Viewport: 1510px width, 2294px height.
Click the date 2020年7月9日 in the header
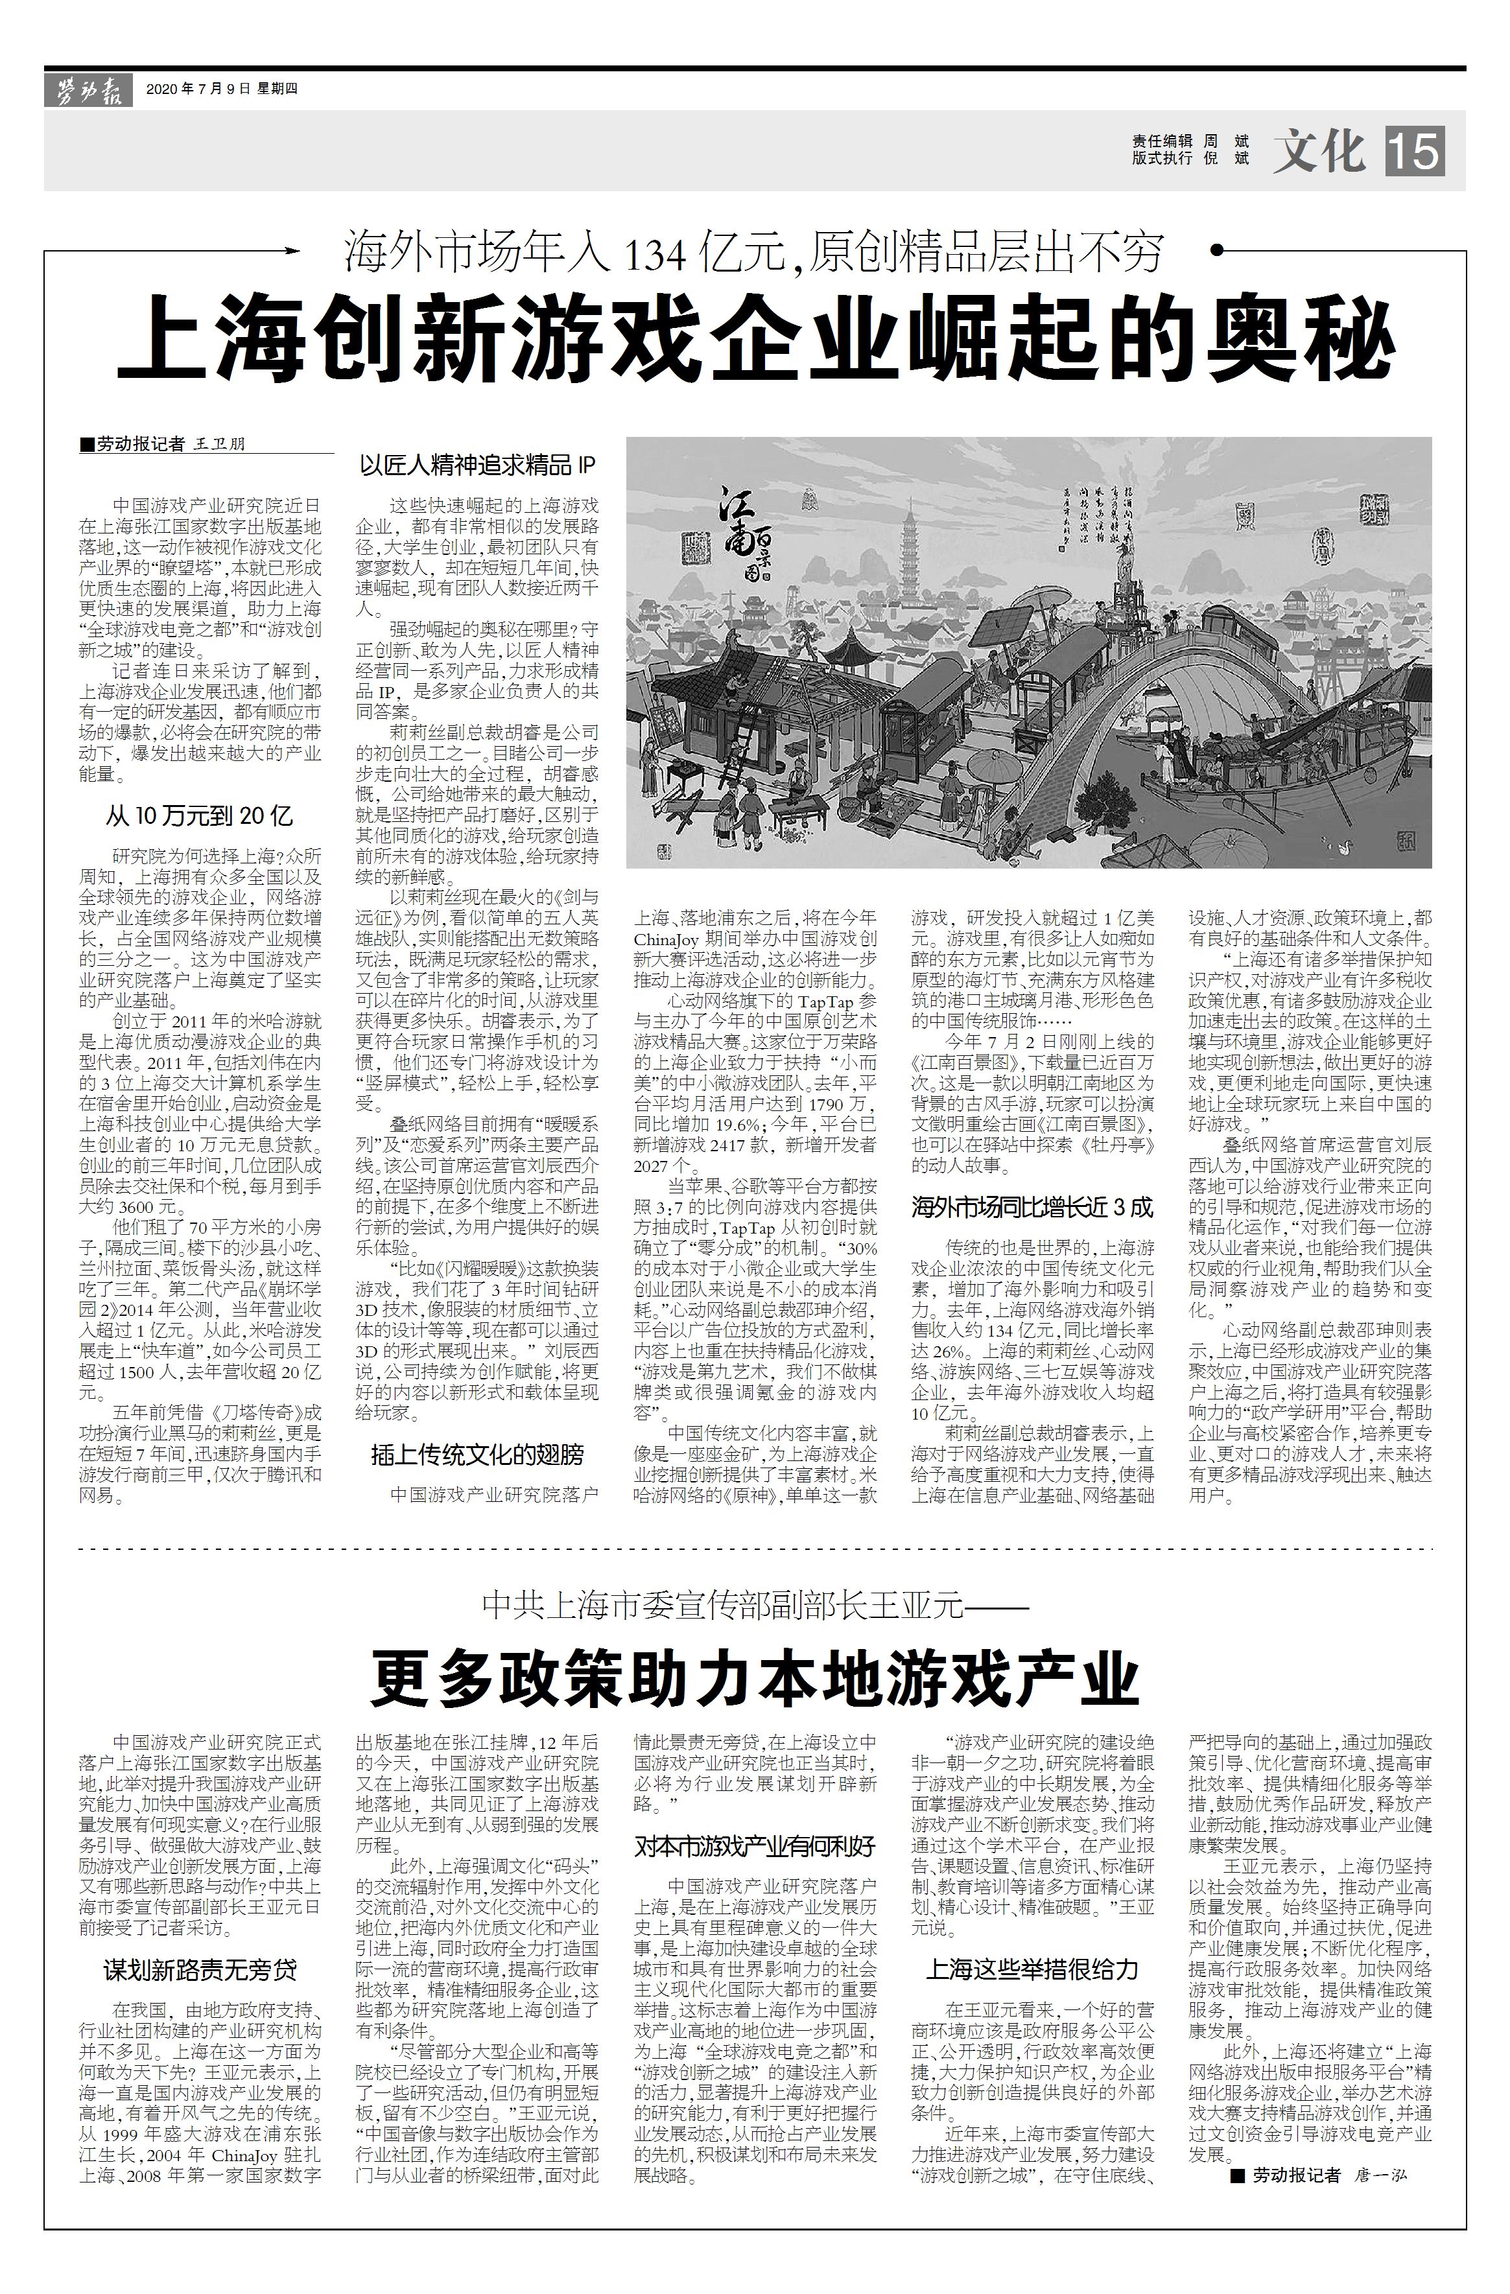(x=198, y=89)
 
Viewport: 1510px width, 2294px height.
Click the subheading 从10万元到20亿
(x=200, y=816)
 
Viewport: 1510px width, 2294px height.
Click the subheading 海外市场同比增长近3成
(x=1032, y=1207)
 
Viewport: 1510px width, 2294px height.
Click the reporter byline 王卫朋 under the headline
(x=220, y=444)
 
